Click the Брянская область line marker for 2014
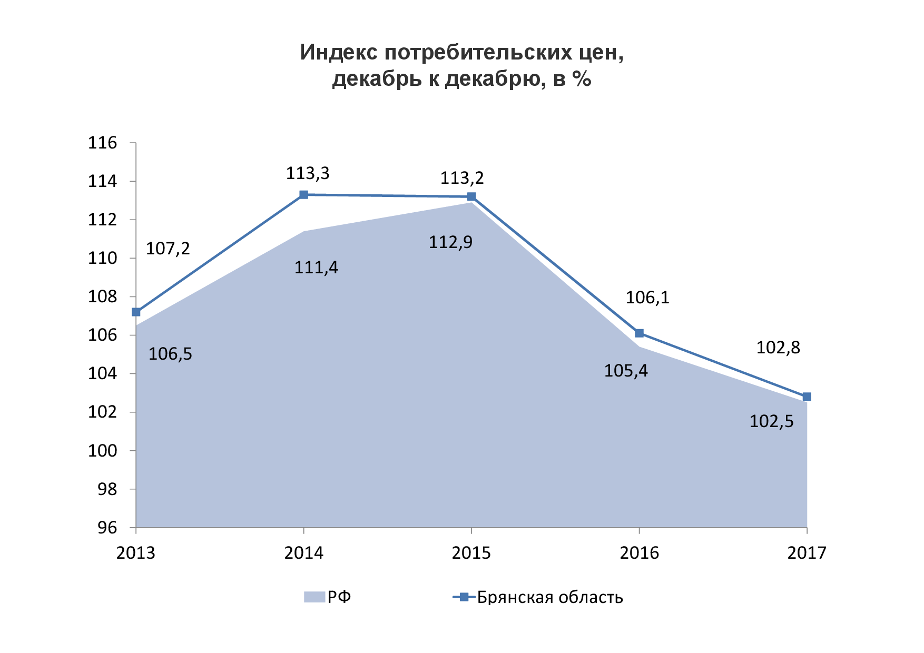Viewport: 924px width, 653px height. pyautogui.click(x=303, y=195)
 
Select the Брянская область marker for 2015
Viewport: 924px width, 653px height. pyautogui.click(x=471, y=197)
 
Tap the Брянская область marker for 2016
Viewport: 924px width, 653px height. pyautogui.click(x=639, y=333)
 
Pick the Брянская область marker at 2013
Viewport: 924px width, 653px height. pyautogui.click(x=136, y=312)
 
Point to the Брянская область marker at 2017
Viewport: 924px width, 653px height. pyautogui.click(x=807, y=397)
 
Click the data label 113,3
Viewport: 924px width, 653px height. pyautogui.click(x=308, y=173)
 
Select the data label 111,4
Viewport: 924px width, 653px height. pyautogui.click(x=316, y=268)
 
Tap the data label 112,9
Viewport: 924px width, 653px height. pyautogui.click(x=450, y=242)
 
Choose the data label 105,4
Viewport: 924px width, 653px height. pyautogui.click(x=626, y=371)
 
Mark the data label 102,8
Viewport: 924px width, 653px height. pyautogui.click(x=778, y=348)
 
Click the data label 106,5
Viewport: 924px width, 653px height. pyautogui.click(x=170, y=354)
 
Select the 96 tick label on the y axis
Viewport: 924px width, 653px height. pyautogui.click(x=107, y=528)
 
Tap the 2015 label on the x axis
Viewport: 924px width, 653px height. pyautogui.click(x=471, y=553)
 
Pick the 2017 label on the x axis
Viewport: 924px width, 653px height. pyautogui.click(x=807, y=553)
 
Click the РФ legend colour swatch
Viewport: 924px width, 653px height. pyautogui.click(x=314, y=597)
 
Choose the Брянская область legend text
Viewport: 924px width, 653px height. pyautogui.click(x=550, y=597)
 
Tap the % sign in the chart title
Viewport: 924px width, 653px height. pyautogui.click(x=582, y=79)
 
